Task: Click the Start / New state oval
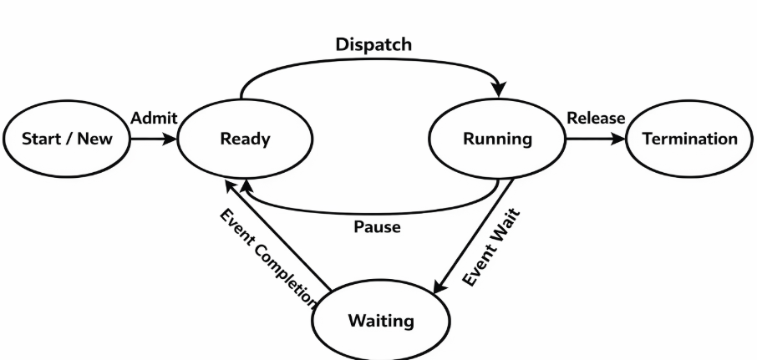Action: [x=67, y=139]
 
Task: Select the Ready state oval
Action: [x=245, y=139]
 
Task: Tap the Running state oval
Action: [x=497, y=139]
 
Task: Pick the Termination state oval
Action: [x=690, y=139]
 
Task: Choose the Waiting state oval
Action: [x=380, y=321]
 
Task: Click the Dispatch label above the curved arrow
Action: [x=373, y=45]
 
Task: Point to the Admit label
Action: [x=154, y=119]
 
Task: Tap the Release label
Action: [x=595, y=119]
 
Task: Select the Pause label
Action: [x=377, y=226]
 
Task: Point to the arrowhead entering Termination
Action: [x=622, y=139]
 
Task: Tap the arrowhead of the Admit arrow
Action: [x=172, y=139]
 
